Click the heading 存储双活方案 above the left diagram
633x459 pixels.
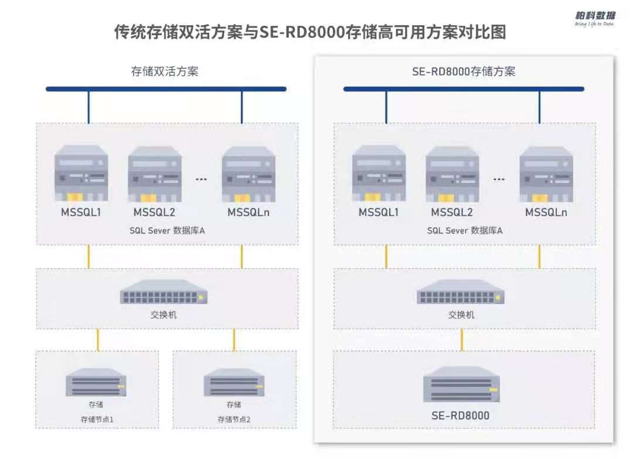coord(165,72)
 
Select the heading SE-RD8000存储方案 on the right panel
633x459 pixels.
coord(464,72)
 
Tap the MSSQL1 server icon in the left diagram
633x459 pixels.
coord(81,174)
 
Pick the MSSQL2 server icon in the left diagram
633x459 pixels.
coord(155,174)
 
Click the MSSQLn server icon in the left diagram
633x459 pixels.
coord(249,174)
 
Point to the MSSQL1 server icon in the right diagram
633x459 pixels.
coord(379,174)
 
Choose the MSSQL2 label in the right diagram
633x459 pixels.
coord(452,212)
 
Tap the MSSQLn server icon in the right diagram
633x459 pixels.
coord(546,174)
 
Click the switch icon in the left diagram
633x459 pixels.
coord(164,292)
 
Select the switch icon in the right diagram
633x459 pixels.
coord(461,292)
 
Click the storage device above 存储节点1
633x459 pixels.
coord(96,383)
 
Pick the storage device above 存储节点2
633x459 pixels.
coord(233,383)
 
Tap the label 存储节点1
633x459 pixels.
coord(97,420)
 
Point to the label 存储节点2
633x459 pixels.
coord(234,420)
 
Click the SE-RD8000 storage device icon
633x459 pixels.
coord(461,384)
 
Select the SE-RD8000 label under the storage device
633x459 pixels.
coord(461,416)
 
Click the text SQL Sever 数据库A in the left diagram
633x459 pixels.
coord(167,231)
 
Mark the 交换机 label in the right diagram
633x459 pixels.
coord(461,315)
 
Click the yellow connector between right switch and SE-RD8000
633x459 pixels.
coord(462,339)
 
